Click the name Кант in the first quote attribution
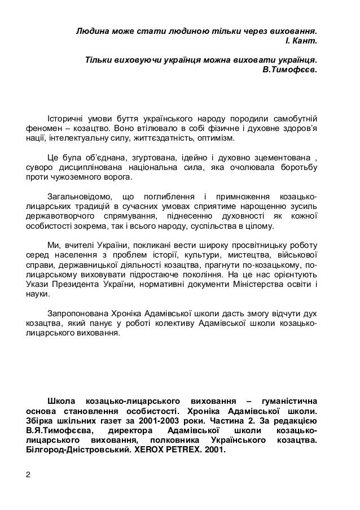(307, 41)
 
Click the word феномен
(44, 129)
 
